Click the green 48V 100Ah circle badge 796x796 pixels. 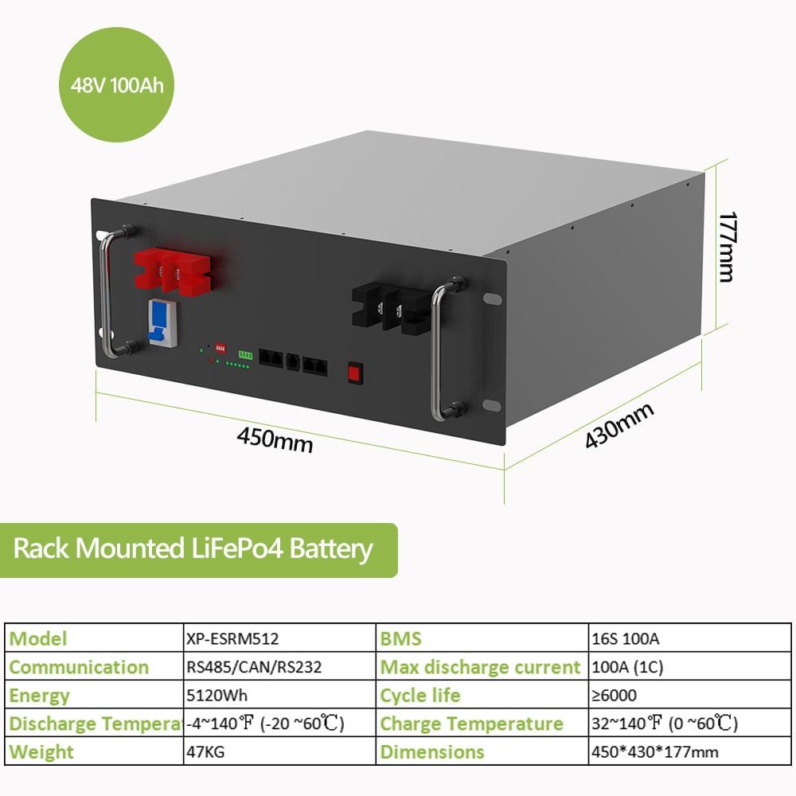tap(117, 84)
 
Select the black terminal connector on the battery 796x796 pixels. tap(395, 306)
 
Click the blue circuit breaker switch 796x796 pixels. tap(158, 322)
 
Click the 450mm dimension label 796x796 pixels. tap(275, 439)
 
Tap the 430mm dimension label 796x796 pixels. tap(619, 425)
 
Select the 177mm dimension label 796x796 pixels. tap(727, 246)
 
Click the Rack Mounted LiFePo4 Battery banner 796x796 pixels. tap(193, 549)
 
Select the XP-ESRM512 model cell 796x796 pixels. tap(231, 638)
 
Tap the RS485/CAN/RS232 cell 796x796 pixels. tap(253, 667)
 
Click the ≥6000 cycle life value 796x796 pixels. tap(614, 696)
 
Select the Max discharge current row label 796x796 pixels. tap(480, 667)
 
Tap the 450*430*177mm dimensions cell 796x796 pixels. tap(655, 752)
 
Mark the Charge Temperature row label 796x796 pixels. tap(471, 724)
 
